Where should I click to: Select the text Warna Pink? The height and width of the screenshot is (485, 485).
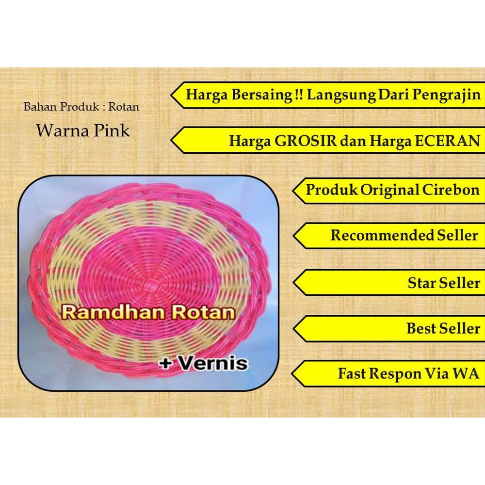point(83,130)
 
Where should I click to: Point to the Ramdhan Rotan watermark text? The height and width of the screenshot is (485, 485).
point(148,312)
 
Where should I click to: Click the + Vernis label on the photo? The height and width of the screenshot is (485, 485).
point(204,363)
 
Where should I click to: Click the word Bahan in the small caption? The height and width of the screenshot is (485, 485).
point(40,107)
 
